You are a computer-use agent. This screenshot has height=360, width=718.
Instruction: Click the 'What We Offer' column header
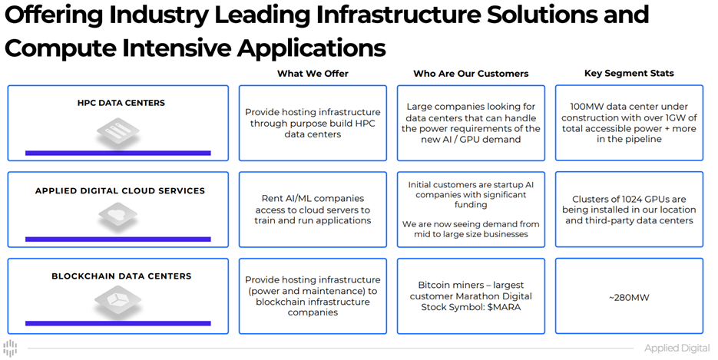(313, 74)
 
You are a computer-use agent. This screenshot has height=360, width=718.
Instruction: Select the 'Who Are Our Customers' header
(471, 74)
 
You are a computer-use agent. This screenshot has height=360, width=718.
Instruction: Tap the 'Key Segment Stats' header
(629, 74)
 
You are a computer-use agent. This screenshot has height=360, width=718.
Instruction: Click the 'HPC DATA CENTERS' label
(121, 103)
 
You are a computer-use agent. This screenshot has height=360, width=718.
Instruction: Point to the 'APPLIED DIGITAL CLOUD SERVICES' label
(120, 191)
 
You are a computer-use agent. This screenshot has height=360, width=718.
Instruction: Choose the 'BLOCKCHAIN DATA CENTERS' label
(121, 276)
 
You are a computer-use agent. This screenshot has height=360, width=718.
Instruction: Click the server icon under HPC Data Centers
(117, 133)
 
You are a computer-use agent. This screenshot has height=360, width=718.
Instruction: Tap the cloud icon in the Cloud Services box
(117, 217)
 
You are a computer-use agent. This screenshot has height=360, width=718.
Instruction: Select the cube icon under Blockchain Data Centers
(117, 302)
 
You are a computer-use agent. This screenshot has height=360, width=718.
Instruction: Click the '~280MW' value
(629, 297)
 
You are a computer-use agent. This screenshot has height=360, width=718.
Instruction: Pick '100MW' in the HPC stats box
(587, 107)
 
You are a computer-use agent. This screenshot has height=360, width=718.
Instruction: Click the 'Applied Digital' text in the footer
(677, 348)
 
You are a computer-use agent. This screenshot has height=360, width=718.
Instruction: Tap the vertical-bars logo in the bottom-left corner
(11, 348)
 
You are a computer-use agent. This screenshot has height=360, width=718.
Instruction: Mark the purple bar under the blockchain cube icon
(117, 325)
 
